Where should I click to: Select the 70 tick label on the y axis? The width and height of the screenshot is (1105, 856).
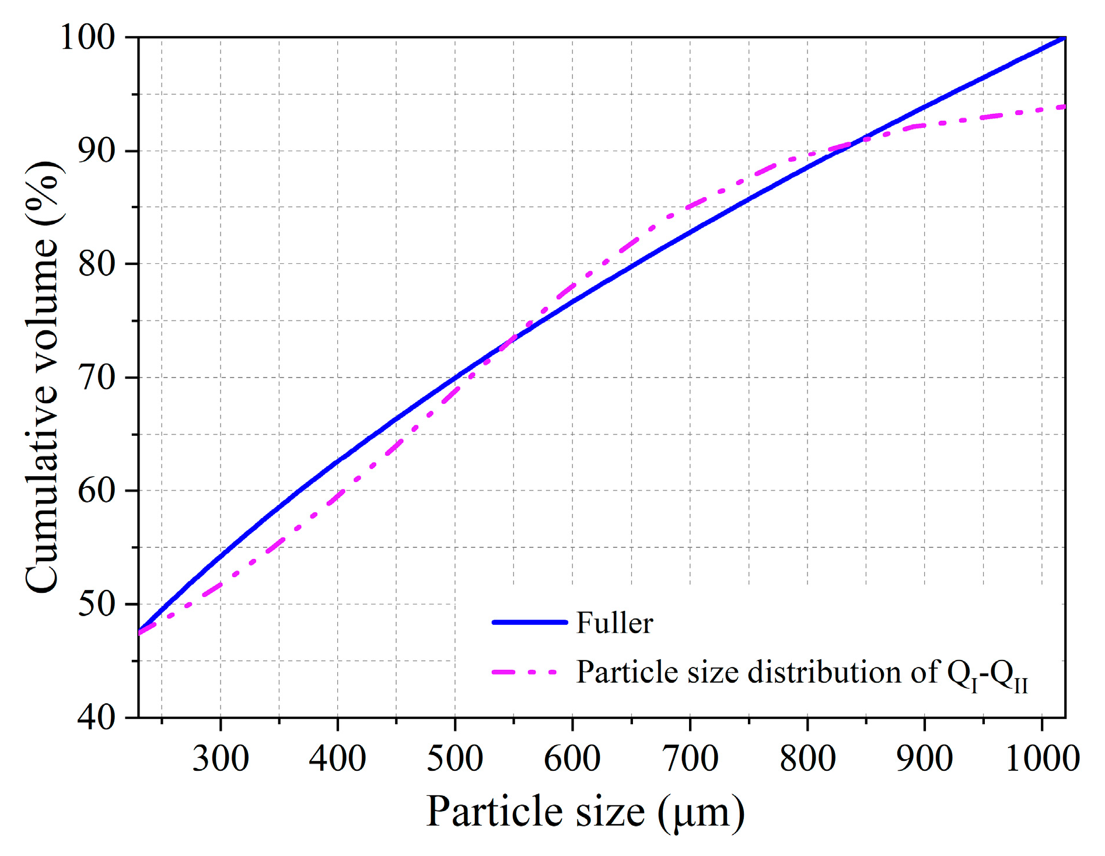[97, 378]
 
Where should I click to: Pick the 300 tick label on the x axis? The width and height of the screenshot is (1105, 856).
[221, 759]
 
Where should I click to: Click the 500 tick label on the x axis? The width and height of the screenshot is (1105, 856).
[455, 759]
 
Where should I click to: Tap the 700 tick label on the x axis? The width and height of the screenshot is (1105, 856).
[690, 759]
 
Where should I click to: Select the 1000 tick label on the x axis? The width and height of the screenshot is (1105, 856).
[1042, 759]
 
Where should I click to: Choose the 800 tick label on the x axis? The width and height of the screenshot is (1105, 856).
[807, 759]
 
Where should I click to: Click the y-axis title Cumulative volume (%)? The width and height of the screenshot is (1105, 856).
[42, 377]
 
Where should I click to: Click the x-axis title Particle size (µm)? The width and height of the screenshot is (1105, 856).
[585, 812]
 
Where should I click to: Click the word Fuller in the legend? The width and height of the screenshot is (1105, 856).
[614, 623]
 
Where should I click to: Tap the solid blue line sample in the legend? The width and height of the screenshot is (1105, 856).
[530, 622]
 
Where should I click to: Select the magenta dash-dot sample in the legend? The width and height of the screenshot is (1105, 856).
[525, 672]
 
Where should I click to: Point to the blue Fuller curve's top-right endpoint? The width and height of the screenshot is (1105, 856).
[1064, 38]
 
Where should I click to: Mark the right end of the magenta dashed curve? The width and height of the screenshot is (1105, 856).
[1064, 107]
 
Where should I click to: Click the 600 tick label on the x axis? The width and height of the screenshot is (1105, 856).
[572, 759]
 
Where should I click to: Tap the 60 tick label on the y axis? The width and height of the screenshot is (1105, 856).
[97, 491]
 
